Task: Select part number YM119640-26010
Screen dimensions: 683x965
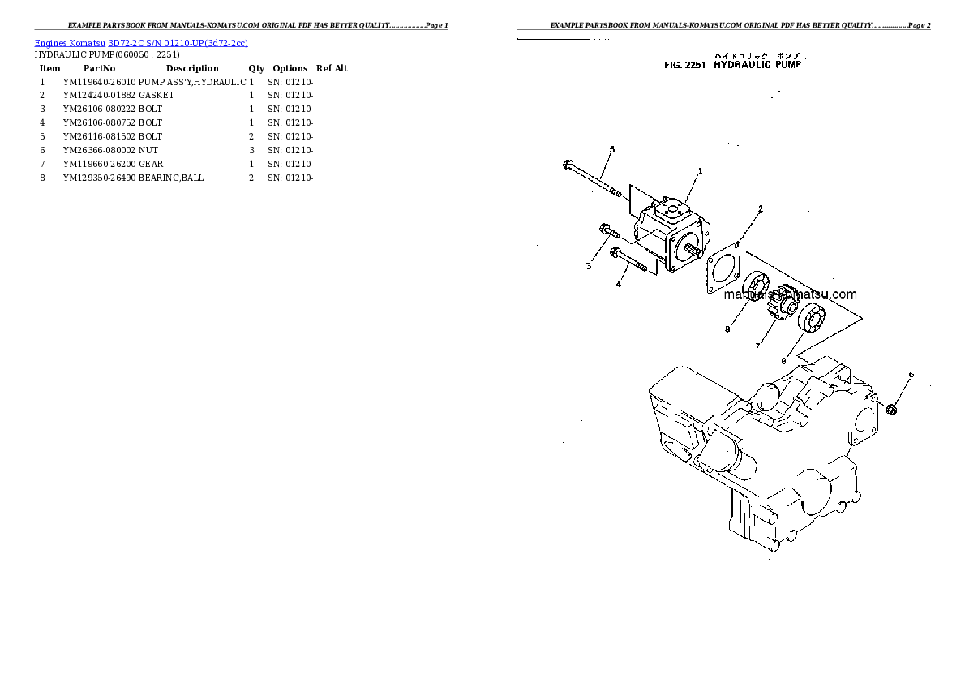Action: coord(100,82)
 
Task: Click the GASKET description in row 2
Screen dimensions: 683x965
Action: coord(156,96)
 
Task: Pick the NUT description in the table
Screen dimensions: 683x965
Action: coord(148,150)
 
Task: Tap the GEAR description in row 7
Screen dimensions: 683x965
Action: coord(151,164)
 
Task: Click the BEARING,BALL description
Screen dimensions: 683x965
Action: coord(171,178)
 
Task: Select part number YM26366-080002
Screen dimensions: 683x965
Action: coord(100,150)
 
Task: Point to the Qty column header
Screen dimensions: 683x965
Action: coord(256,69)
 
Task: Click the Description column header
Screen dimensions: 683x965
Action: coord(192,69)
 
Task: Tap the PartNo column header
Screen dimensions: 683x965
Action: coord(99,69)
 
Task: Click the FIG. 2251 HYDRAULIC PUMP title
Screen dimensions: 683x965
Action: coord(732,64)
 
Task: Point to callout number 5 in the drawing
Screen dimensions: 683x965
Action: coord(612,149)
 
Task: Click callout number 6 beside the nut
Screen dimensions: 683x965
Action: coord(911,375)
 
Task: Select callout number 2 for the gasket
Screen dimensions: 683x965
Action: coord(760,209)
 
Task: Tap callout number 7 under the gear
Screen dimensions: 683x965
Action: coord(757,346)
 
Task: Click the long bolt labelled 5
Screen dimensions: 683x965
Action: coord(592,179)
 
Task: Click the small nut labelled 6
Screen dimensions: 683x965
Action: coord(891,407)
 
